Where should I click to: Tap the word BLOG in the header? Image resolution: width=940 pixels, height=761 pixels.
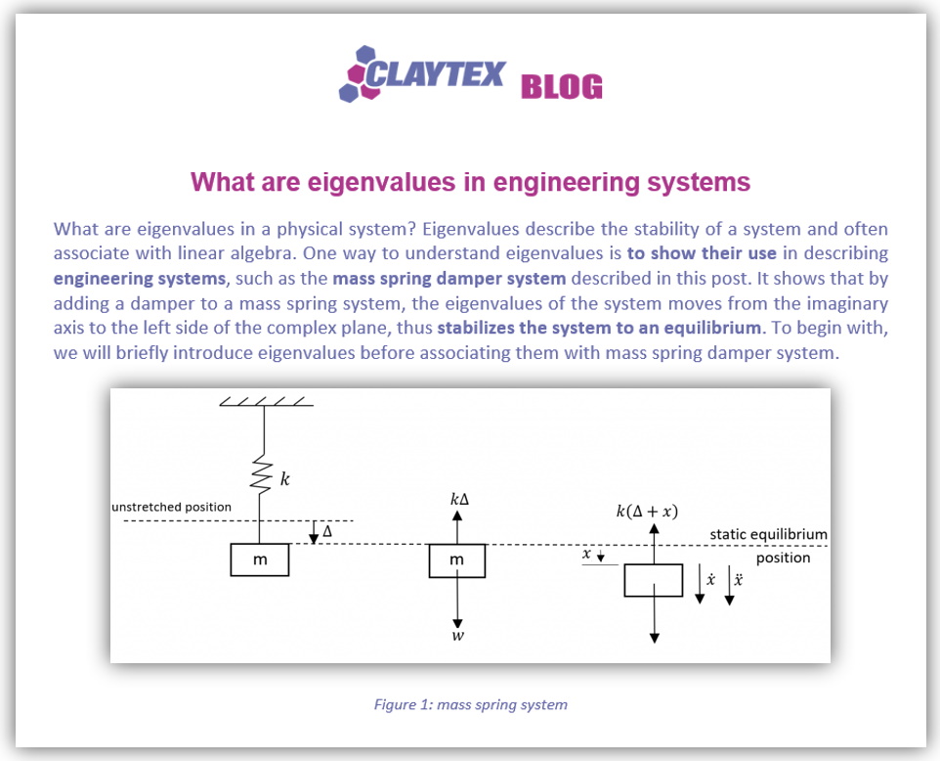(561, 87)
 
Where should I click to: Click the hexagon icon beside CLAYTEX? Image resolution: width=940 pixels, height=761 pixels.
(358, 74)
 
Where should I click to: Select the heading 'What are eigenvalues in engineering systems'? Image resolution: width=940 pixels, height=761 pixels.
(470, 182)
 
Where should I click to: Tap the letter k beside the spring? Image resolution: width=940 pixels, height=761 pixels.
(285, 479)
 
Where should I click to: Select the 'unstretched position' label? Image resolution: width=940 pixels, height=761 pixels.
(172, 507)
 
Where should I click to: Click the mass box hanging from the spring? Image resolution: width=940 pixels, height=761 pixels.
(260, 560)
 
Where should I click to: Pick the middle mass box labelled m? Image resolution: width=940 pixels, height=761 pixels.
(457, 560)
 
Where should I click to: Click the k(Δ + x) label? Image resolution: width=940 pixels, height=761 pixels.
(647, 511)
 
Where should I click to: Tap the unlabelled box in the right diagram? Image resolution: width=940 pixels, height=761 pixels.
(653, 579)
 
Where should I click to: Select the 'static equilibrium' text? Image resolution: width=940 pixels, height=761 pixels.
(768, 534)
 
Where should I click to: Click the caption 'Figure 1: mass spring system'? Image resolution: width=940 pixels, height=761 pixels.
(470, 704)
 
